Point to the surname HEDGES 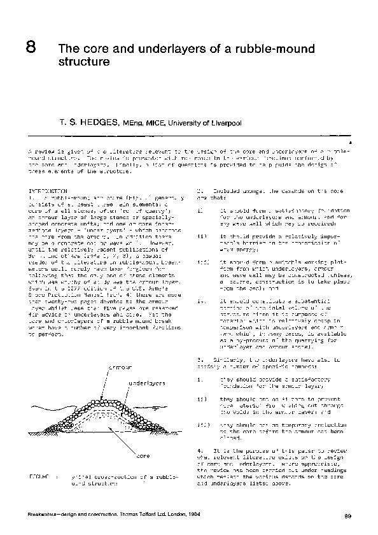(x=97, y=122)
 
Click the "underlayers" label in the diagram (x=148, y=384)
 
